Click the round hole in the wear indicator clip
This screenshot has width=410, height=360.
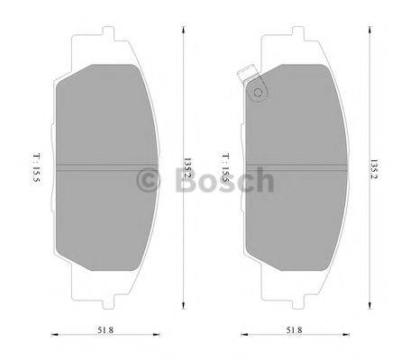point(258,90)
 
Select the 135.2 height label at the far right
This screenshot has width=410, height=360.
point(373,167)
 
